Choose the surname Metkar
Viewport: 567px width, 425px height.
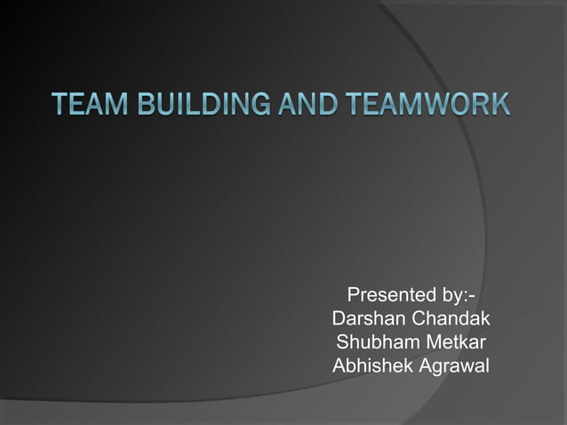[x=455, y=341]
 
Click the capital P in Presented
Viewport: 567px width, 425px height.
[x=353, y=295]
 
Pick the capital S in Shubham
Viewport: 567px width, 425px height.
[x=342, y=341]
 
